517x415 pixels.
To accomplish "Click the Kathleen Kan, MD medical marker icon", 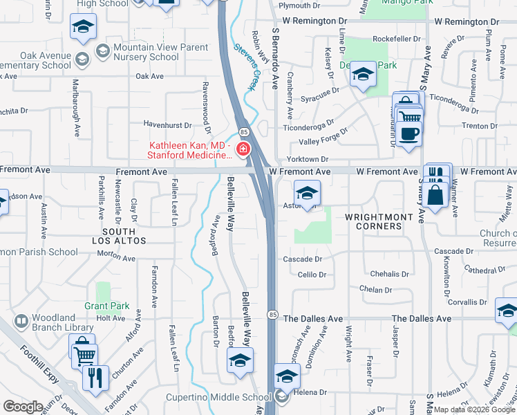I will point(243,149).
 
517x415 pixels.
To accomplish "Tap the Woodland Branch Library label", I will point(63,323).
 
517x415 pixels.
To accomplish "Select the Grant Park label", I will point(107,305).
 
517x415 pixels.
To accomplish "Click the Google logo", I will point(23,407).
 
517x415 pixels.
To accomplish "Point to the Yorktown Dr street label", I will point(305,159).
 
